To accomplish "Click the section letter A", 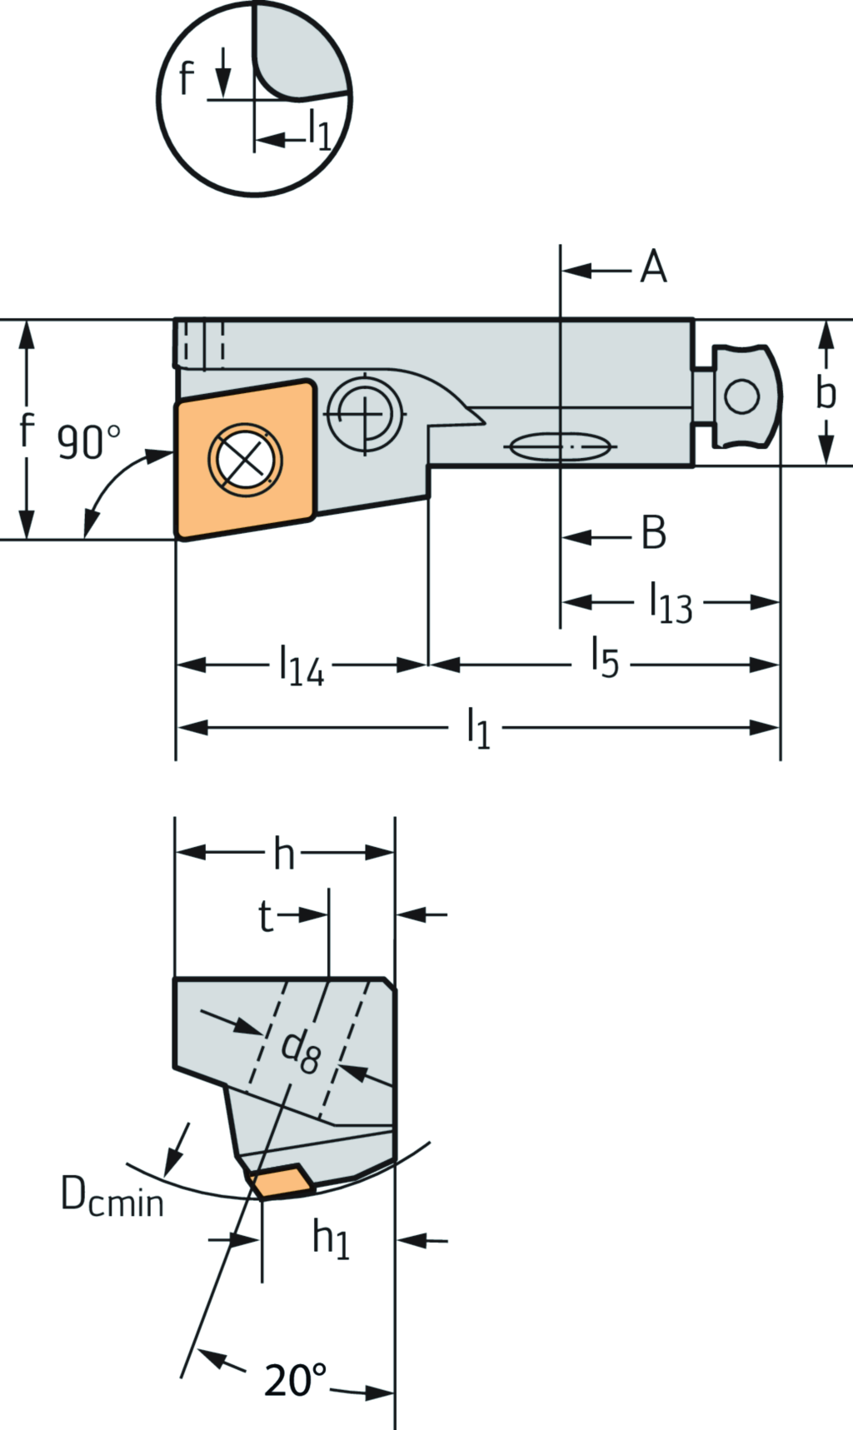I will pyautogui.click(x=654, y=268).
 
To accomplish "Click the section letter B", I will pyautogui.click(x=654, y=533).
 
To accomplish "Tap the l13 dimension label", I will pyautogui.click(x=671, y=602).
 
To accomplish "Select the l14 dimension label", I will pyautogui.click(x=301, y=666).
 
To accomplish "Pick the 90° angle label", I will pyautogui.click(x=88, y=441).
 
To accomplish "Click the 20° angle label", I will pyautogui.click(x=295, y=1380).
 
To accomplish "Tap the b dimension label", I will pyautogui.click(x=825, y=391).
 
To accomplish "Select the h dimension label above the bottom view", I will pyautogui.click(x=284, y=855).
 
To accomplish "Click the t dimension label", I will pyautogui.click(x=265, y=916).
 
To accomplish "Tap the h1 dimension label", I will pyautogui.click(x=331, y=1238).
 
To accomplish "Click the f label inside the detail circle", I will pyautogui.click(x=187, y=78).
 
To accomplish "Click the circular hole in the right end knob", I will pyautogui.click(x=741, y=396).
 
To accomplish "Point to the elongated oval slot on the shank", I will pyautogui.click(x=561, y=447).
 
